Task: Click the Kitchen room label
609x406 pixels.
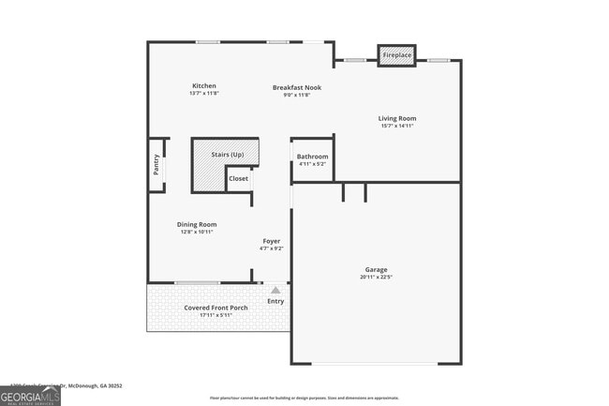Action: tap(204, 86)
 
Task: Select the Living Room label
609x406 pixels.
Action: tap(397, 118)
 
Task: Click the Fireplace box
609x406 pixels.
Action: tap(397, 56)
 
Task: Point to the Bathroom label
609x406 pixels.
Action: tap(312, 157)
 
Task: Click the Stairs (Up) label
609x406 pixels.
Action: tap(228, 155)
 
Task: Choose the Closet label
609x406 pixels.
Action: tap(239, 178)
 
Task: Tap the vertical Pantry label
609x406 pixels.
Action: tap(156, 165)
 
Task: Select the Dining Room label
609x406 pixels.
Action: tap(197, 224)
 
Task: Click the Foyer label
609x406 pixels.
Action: tap(271, 241)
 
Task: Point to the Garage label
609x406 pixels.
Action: tap(377, 270)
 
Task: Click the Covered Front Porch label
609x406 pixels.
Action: tap(215, 308)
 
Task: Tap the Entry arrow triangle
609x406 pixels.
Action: tap(275, 291)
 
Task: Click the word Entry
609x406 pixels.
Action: tap(275, 301)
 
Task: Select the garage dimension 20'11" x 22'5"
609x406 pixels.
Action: tap(377, 278)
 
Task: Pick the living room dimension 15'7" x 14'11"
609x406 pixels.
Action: tap(397, 127)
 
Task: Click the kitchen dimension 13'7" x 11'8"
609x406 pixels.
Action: tap(204, 94)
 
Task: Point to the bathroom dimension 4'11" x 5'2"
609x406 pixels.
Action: tap(312, 165)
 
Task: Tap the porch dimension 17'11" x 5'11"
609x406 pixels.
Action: tap(215, 315)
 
